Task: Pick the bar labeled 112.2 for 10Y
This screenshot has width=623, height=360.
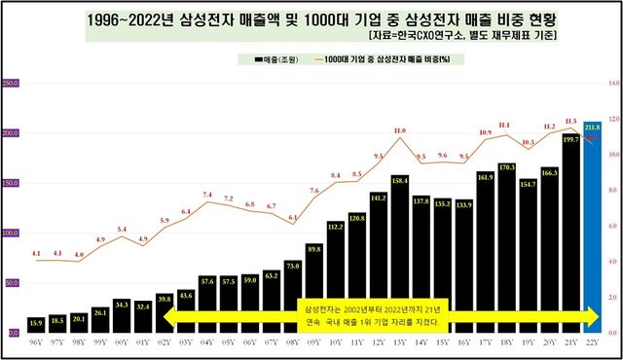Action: tap(336, 277)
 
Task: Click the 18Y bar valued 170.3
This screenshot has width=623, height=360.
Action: tap(505, 248)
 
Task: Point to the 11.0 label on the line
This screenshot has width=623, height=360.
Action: tap(399, 130)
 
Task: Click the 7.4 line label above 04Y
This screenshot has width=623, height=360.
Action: tap(207, 195)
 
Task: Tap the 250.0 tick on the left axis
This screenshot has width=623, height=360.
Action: tap(12, 84)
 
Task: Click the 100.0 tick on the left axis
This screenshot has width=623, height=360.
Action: tap(12, 234)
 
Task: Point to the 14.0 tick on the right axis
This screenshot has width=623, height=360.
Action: tap(613, 84)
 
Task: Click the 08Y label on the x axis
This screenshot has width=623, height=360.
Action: tap(293, 342)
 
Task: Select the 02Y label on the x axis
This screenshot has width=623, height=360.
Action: tap(164, 342)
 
